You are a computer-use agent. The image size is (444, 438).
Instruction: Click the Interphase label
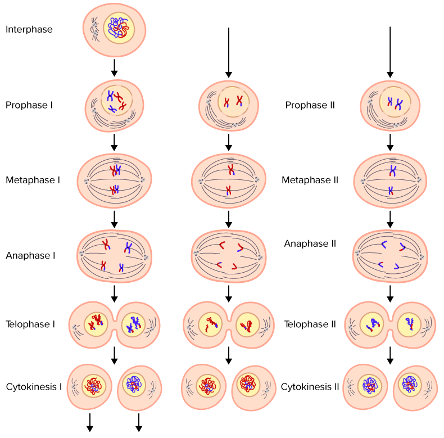click(29, 29)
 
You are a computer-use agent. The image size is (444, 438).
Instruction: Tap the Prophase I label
click(29, 105)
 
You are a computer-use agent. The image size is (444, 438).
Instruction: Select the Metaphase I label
click(33, 180)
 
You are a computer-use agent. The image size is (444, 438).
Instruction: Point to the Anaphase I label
click(30, 256)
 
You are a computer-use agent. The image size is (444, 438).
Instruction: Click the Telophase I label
click(30, 324)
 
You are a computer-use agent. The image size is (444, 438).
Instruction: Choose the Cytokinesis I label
click(34, 387)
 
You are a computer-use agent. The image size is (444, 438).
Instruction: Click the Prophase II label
click(310, 105)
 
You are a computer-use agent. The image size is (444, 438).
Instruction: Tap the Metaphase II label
click(310, 180)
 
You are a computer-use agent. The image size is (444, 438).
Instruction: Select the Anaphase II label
click(310, 243)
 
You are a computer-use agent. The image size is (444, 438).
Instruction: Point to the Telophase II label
click(310, 324)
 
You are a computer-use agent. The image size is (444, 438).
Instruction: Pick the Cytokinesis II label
click(310, 387)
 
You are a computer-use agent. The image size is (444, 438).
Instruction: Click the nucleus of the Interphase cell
click(119, 28)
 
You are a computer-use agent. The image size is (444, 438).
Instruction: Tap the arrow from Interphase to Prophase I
click(115, 67)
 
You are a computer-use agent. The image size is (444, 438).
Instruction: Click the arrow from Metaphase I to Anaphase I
click(115, 219)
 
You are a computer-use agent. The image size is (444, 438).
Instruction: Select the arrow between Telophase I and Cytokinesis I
click(115, 355)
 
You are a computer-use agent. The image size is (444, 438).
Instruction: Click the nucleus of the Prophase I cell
click(117, 100)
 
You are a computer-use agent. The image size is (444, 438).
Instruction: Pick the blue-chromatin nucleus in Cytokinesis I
click(134, 385)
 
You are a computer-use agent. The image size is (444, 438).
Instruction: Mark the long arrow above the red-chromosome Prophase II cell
click(229, 52)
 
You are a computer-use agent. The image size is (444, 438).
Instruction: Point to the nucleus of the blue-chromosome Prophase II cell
click(395, 102)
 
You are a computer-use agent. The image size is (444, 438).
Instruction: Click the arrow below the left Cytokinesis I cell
click(90, 422)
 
